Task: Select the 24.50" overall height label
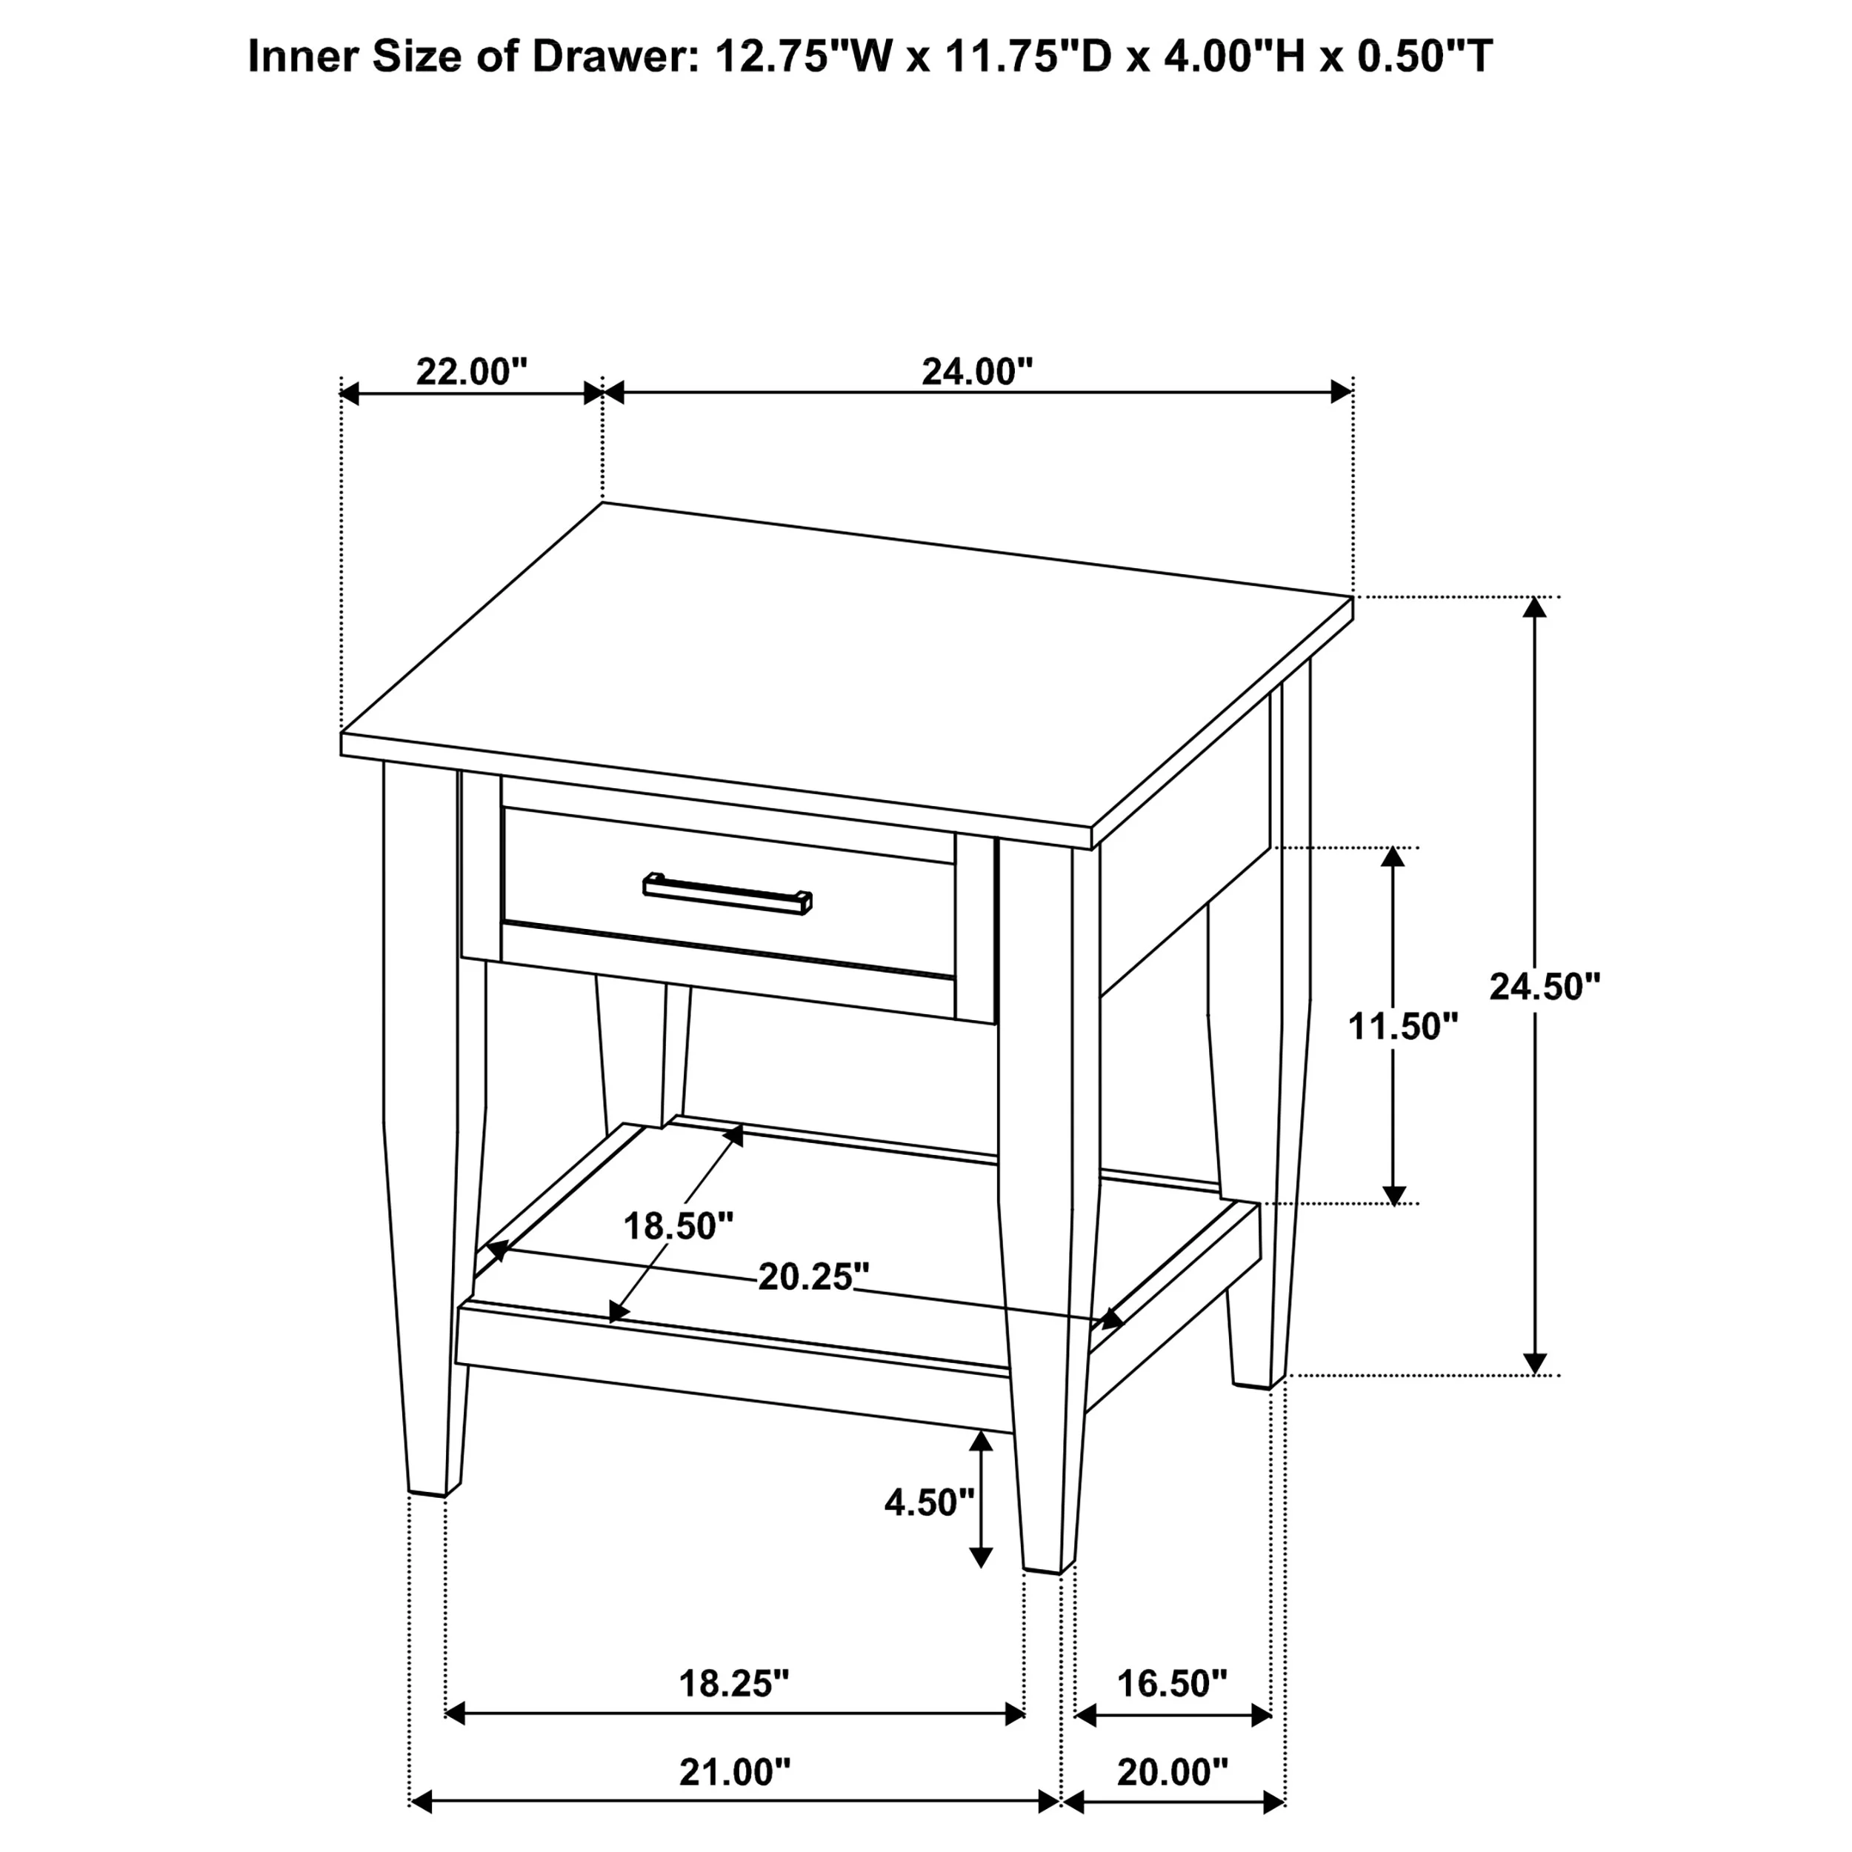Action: pos(1545,987)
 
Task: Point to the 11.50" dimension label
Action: pos(1403,1027)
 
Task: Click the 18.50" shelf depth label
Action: pos(679,1226)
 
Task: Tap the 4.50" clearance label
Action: pos(930,1503)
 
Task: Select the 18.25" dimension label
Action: pos(734,1683)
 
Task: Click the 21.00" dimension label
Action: pos(735,1773)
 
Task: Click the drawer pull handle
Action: pos(727,893)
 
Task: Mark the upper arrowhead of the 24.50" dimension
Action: pos(1535,607)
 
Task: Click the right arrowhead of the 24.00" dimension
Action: pos(1340,392)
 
